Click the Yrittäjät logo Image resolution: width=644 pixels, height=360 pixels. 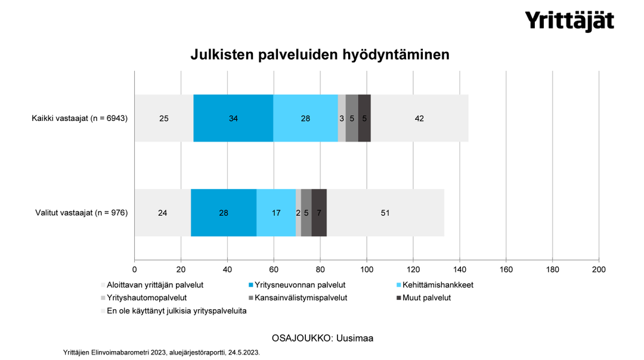569,21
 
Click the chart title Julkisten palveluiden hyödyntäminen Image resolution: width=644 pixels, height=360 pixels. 320,55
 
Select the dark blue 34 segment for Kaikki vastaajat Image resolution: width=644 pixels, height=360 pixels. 234,118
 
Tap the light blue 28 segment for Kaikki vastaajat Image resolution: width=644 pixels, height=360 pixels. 305,118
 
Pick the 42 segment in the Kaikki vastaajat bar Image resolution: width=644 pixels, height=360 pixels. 419,118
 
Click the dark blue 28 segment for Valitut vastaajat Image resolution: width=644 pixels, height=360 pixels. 224,212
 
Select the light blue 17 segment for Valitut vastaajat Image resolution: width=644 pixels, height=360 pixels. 276,212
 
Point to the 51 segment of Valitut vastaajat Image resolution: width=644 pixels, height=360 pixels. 385,212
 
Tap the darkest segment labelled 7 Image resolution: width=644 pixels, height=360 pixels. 319,212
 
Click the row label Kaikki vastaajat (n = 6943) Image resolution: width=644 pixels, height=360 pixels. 80,118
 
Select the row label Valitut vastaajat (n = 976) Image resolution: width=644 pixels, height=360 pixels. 82,212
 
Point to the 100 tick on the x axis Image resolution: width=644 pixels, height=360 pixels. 366,269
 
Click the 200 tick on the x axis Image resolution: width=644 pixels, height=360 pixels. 598,269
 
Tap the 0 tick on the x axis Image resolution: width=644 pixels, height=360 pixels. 135,269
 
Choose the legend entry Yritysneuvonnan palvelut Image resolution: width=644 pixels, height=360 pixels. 300,285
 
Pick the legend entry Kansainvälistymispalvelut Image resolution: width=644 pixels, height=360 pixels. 301,297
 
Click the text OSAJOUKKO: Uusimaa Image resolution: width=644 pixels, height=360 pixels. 322,338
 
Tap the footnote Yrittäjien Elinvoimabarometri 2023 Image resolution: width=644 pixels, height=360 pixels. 161,352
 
